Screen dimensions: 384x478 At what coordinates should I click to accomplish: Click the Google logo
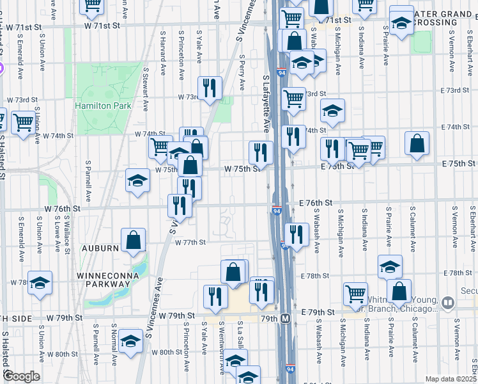(21, 376)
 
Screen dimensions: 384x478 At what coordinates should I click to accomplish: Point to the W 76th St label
(62, 209)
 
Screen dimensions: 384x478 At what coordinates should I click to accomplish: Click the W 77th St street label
(190, 243)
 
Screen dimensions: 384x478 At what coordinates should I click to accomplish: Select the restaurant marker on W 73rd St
(209, 87)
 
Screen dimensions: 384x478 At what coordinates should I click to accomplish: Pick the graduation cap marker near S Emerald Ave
(40, 283)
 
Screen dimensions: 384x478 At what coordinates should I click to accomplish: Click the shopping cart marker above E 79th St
(355, 294)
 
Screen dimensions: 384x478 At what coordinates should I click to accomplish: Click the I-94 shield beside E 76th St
(277, 211)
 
